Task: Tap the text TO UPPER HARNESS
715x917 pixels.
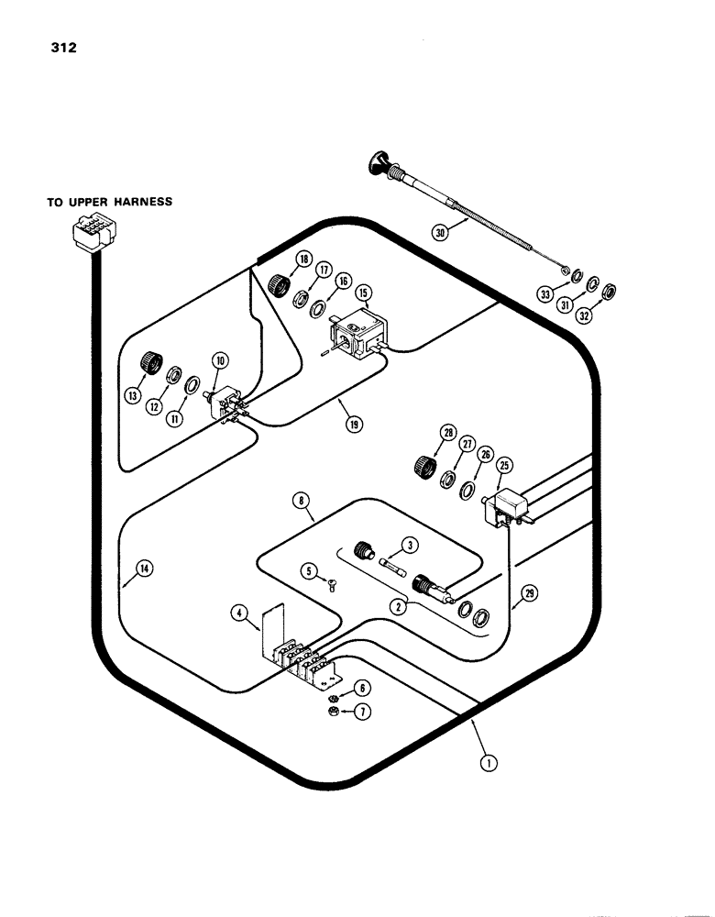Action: coord(110,202)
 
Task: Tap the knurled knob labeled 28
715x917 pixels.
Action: coord(425,465)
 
